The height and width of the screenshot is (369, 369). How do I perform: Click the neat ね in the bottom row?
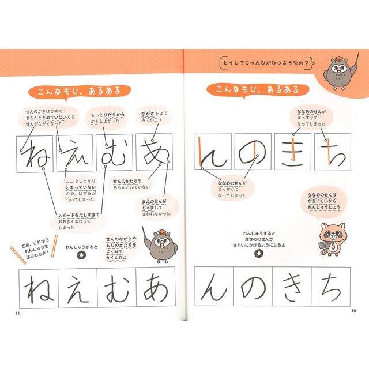38,287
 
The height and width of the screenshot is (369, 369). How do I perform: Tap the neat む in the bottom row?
116,287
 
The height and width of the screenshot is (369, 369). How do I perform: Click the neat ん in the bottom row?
214,287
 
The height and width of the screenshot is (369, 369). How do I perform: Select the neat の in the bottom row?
253,287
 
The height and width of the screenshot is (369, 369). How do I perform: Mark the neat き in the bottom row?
292,287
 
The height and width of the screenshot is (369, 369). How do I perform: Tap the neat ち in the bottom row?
331,287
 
